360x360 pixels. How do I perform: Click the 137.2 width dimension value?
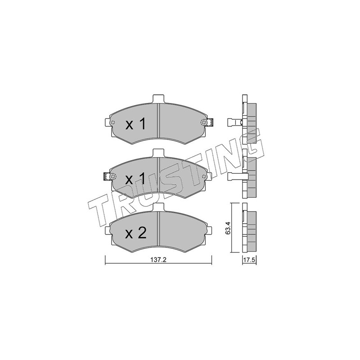pos(158,260)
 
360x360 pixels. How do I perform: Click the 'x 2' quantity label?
pos(136,233)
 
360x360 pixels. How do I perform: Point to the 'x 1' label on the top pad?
pos(135,124)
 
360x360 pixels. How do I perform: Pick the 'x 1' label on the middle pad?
pos(135,179)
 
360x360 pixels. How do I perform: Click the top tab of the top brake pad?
pos(159,99)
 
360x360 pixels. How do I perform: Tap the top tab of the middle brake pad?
pos(159,153)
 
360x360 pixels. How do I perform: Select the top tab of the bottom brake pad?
pos(159,207)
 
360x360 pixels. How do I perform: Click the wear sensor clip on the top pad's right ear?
pos(210,122)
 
